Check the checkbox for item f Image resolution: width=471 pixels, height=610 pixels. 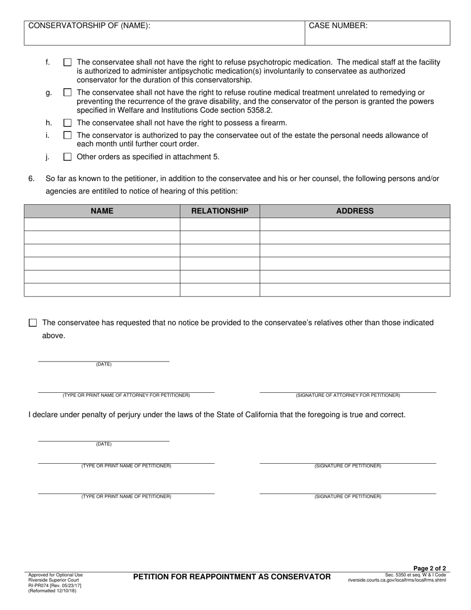tap(67, 62)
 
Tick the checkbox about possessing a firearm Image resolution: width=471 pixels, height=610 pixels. tap(67, 122)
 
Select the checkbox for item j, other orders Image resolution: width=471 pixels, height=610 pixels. tap(67, 157)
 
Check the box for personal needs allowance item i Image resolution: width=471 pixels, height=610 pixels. tap(67, 135)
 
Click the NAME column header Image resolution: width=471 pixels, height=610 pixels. tap(102, 211)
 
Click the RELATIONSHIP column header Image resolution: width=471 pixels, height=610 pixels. tap(220, 211)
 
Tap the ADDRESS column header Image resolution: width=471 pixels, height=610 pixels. tap(354, 211)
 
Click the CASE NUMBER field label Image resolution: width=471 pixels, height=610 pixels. tap(338, 26)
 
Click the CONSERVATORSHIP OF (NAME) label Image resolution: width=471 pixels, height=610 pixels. tap(89, 26)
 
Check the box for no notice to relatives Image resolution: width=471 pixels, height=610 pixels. tap(33, 323)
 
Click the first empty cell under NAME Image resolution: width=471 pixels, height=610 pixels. tap(102, 224)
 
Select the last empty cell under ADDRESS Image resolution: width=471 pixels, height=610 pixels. tap(354, 290)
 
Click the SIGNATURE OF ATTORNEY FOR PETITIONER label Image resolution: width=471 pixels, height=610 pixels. tap(348, 395)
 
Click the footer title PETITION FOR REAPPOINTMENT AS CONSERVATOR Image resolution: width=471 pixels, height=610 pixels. tap(232, 577)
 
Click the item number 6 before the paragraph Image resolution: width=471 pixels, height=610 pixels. tap(31, 178)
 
